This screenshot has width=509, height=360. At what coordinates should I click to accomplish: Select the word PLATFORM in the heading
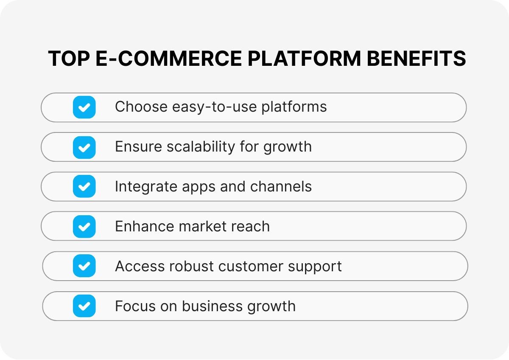pyautogui.click(x=304, y=59)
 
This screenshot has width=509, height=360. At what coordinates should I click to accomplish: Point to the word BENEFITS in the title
pyautogui.click(x=416, y=59)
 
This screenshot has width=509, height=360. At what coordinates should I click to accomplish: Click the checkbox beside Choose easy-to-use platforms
pyautogui.click(x=84, y=107)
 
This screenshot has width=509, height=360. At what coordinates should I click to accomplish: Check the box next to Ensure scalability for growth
pyautogui.click(x=84, y=147)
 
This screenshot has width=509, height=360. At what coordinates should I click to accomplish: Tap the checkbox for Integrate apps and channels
pyautogui.click(x=84, y=186)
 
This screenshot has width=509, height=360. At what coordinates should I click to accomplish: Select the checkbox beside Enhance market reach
pyautogui.click(x=84, y=226)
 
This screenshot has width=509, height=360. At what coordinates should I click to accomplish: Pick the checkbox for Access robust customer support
pyautogui.click(x=84, y=266)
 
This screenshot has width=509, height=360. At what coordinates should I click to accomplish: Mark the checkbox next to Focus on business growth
pyautogui.click(x=84, y=306)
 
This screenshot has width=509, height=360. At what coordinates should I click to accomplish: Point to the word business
pyautogui.click(x=210, y=306)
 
